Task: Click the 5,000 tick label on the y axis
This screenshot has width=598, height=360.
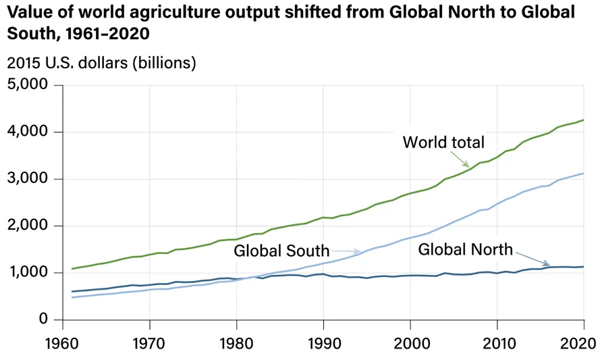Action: pos(28,85)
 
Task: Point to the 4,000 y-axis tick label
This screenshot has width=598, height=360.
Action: pos(28,132)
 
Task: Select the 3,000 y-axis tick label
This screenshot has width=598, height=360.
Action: pos(28,179)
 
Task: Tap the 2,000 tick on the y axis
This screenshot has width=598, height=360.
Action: pos(28,226)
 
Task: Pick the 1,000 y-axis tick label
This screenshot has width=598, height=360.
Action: pos(28,273)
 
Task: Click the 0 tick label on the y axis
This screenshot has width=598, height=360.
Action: pos(43,319)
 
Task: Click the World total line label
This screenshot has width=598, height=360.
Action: pos(443,143)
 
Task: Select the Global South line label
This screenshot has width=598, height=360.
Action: pos(281,251)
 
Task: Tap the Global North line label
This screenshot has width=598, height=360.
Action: pos(466,249)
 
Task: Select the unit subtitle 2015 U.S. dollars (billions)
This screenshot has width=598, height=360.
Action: pos(101,63)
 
